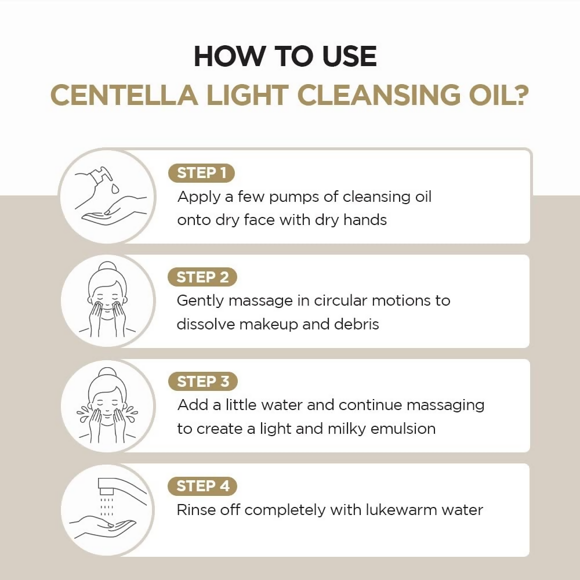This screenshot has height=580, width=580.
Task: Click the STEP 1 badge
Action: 201,173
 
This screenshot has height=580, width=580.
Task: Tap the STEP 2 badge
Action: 202,277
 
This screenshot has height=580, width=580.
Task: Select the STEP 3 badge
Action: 202,382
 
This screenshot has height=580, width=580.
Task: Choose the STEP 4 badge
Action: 202,486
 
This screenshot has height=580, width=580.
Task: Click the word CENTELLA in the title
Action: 124,95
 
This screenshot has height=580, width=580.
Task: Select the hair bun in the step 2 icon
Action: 107,268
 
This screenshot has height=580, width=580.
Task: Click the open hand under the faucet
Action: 104,527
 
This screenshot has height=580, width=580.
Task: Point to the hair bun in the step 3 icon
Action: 107,373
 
